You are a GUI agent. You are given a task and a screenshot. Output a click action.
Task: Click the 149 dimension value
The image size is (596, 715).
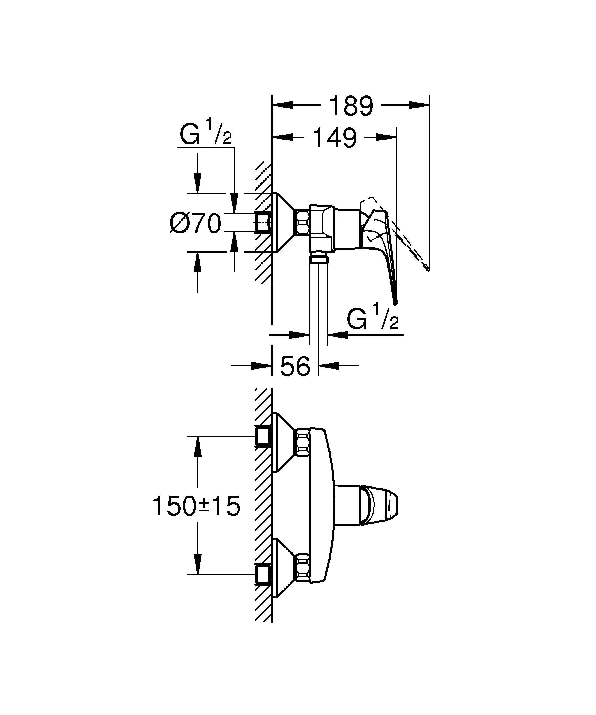pyautogui.click(x=335, y=138)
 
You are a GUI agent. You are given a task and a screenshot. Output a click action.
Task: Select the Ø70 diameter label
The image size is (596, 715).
pyautogui.click(x=196, y=224)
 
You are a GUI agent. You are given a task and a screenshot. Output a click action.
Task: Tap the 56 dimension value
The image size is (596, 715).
pyautogui.click(x=295, y=366)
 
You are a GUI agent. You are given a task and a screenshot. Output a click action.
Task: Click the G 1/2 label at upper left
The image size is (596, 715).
pyautogui.click(x=205, y=135)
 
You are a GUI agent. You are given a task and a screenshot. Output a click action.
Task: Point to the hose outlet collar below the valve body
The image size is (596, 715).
pyautogui.click(x=318, y=259)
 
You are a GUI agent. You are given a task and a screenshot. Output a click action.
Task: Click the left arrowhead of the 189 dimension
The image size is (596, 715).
pyautogui.click(x=282, y=105)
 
